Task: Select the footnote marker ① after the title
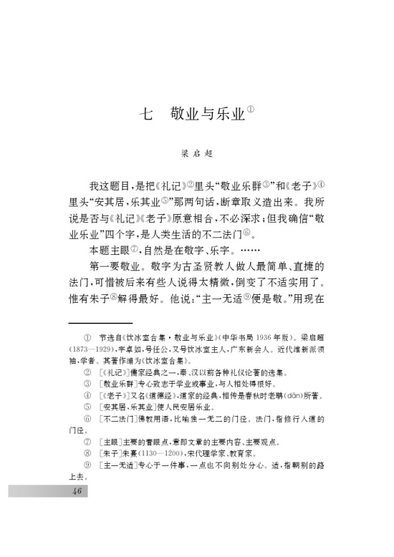click(251, 109)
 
